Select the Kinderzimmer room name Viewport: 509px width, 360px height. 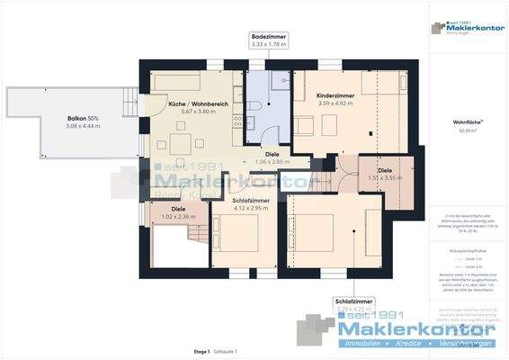point(335,95)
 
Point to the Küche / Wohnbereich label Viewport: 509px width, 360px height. point(192,105)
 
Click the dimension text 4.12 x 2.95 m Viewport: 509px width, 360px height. point(249,208)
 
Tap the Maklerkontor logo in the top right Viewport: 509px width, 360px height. point(468,27)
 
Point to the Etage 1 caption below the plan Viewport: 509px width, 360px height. point(201,350)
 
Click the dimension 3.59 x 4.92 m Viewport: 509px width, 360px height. point(335,103)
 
